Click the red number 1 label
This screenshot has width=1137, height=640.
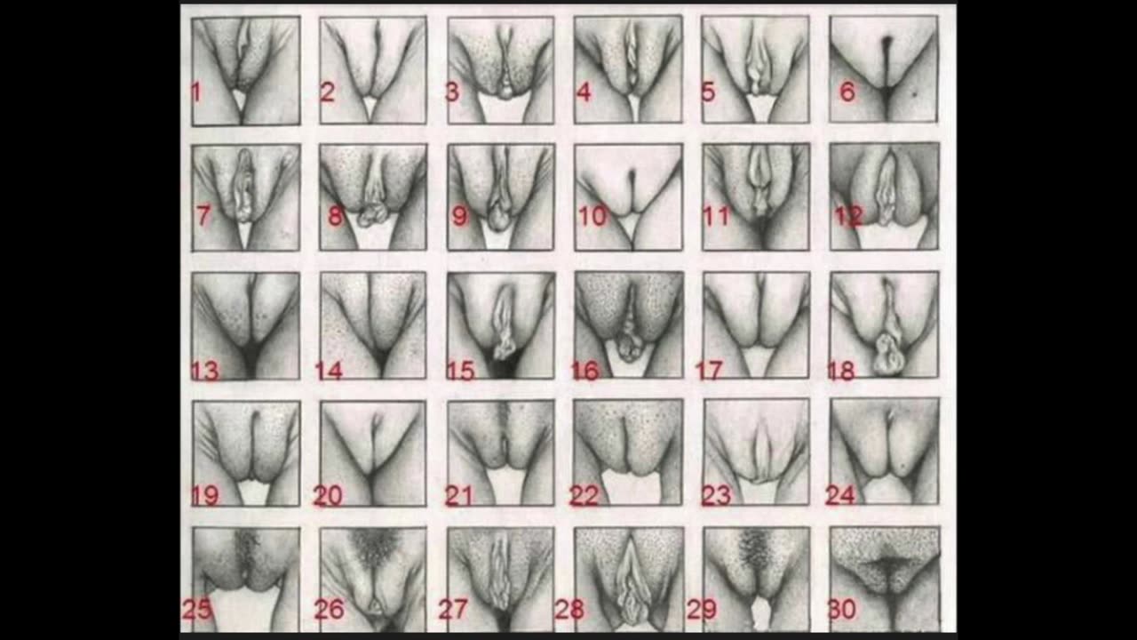pos(196,91)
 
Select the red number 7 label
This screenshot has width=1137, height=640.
pos(203,216)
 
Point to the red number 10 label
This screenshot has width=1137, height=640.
pos(592,216)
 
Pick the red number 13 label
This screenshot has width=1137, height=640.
pos(204,370)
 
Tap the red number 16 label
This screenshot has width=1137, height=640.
pos(584,370)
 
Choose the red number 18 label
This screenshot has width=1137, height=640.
pos(840,370)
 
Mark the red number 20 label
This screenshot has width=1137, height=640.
pos(328,496)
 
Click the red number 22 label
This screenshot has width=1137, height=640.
pos(584,496)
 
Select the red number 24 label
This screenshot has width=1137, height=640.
pos(839,494)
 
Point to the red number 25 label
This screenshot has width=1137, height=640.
pos(196,610)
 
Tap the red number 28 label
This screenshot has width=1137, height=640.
pos(569,610)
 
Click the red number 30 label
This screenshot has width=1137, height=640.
pos(841,610)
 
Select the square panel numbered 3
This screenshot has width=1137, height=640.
pos(501,69)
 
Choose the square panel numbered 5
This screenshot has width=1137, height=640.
pos(756,69)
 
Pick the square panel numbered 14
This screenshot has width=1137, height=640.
pos(373,325)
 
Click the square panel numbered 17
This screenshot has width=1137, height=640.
pos(757,325)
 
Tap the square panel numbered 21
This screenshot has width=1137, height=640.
pos(501,452)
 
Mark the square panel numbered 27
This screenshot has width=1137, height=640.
pos(501,579)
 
